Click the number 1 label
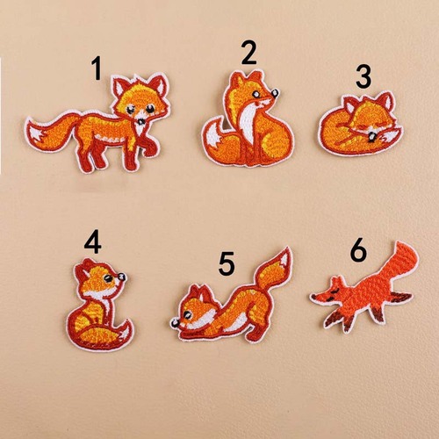pyautogui.click(x=97, y=68)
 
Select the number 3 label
pyautogui.click(x=363, y=77)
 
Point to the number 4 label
pyautogui.click(x=93, y=240)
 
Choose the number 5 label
pyautogui.click(x=227, y=262)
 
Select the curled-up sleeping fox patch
pyautogui.click(x=360, y=127)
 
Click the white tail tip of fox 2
pyautogui.click(x=213, y=140)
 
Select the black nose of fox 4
pyautogui.click(x=122, y=279)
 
